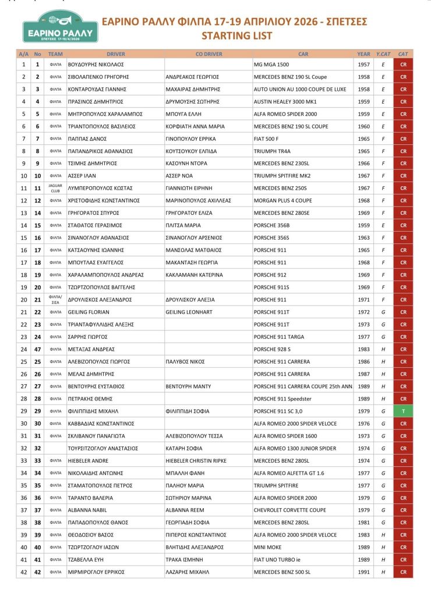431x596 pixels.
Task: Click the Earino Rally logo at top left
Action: point(60,27)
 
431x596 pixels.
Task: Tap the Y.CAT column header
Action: point(383,54)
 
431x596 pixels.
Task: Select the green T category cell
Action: point(402,411)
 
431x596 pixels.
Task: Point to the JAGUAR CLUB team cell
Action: point(55,188)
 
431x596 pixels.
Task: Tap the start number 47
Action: point(37,349)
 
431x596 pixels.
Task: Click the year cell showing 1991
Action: point(363,572)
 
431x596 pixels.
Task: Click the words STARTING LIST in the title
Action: point(236,36)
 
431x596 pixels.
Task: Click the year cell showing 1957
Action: point(363,64)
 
